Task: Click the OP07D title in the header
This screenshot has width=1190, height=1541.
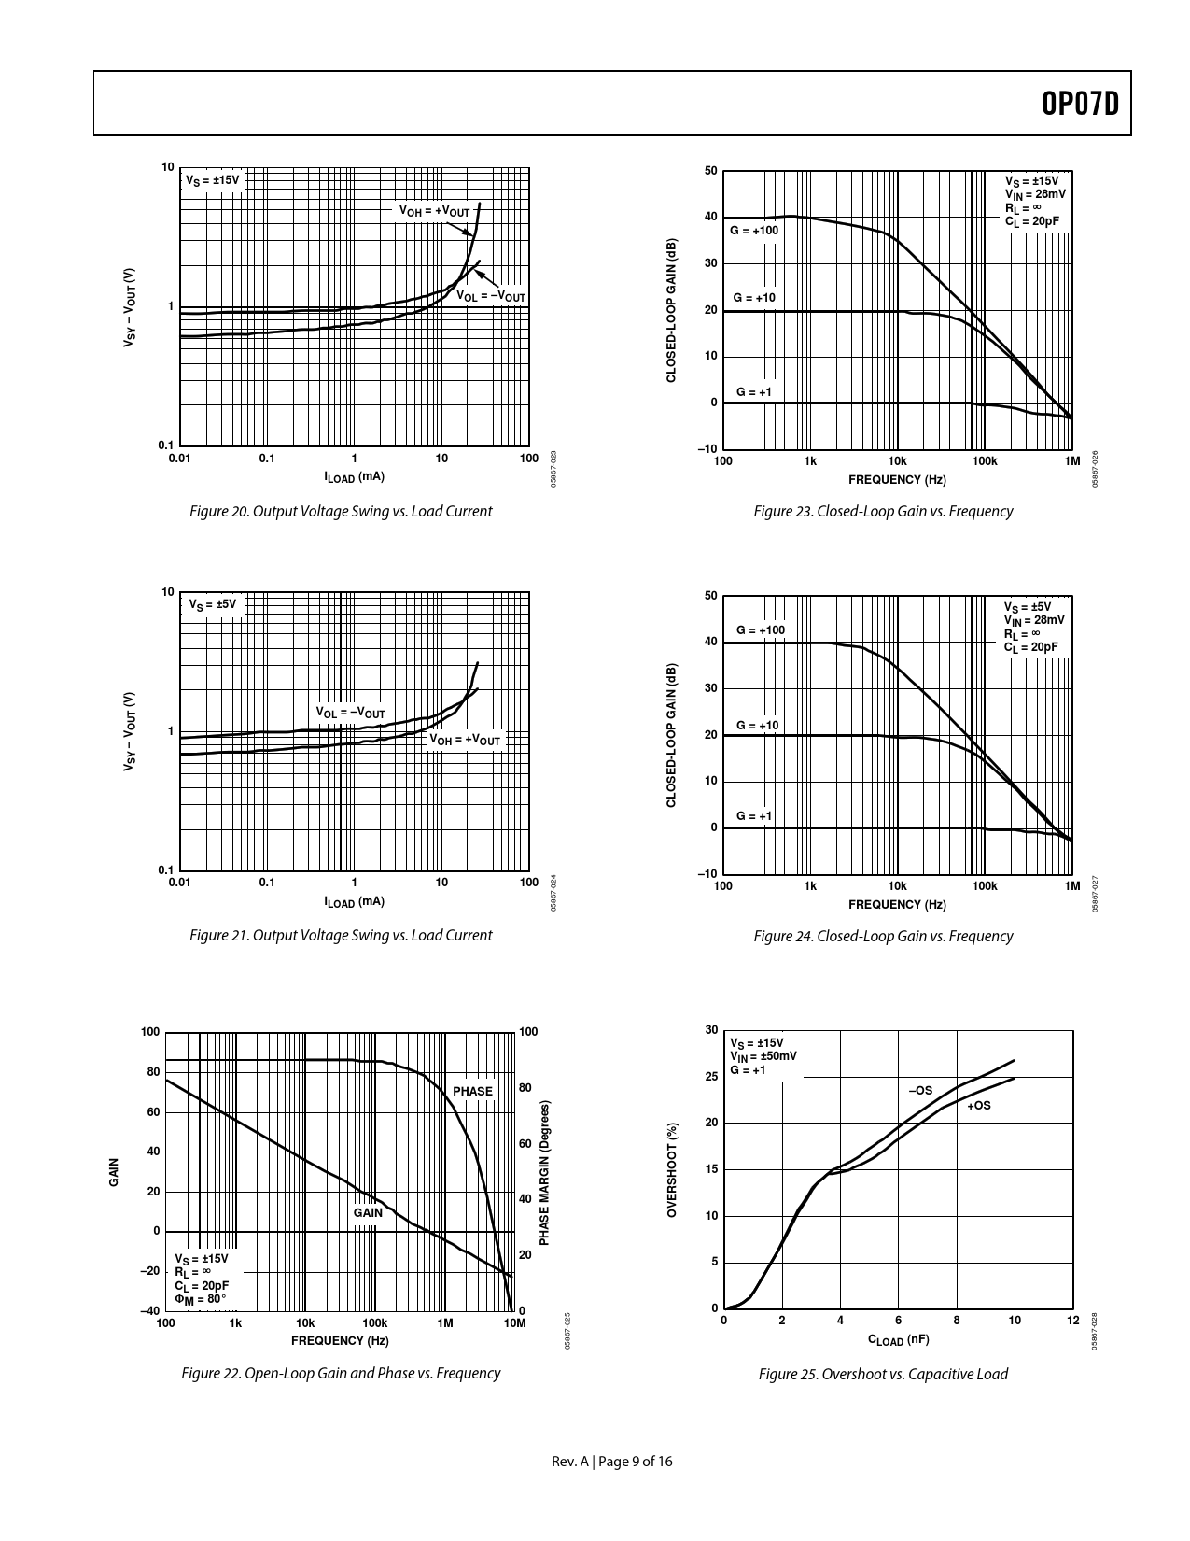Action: pos(1079,104)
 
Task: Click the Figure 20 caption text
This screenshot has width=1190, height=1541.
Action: pos(341,511)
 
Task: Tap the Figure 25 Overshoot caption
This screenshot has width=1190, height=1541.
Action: pos(883,1374)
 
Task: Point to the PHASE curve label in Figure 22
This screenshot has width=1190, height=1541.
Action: pos(472,1091)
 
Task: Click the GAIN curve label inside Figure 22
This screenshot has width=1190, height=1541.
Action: pos(368,1212)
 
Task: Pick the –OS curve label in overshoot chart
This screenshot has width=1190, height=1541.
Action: pos(920,1090)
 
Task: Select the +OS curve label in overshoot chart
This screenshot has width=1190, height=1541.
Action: pos(978,1106)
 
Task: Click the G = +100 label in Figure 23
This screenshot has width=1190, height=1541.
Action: pos(753,230)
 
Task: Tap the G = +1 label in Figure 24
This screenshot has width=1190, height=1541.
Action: pos(754,815)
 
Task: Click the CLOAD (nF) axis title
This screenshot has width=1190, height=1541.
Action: pos(898,1339)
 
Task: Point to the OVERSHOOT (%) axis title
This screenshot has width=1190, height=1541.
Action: pos(672,1169)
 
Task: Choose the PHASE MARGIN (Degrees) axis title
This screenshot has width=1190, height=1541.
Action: pos(544,1171)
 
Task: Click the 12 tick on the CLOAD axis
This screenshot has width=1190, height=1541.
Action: pos(1072,1320)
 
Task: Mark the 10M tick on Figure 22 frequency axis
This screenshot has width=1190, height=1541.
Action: pos(514,1323)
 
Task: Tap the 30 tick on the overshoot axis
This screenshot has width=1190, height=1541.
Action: pos(711,1030)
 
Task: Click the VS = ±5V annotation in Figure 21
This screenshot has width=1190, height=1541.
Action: pos(214,605)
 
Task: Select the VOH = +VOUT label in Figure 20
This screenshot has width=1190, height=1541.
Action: pos(434,211)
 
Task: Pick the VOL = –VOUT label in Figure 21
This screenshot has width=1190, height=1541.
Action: pos(350,713)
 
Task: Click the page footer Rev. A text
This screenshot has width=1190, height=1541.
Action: pos(570,1462)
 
